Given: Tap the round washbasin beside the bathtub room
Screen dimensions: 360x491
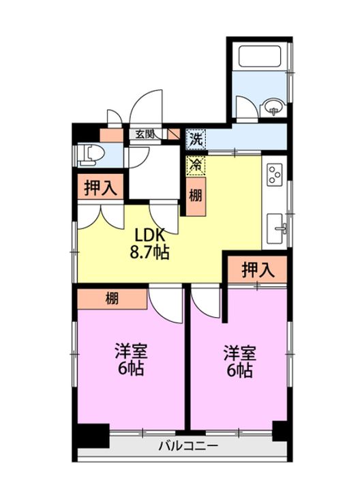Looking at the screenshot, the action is point(274,108).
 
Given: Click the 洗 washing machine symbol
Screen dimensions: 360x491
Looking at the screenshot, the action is point(196,139).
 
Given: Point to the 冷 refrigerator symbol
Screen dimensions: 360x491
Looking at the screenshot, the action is point(196,165).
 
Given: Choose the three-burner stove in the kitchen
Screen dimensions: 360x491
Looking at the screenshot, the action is point(275,174).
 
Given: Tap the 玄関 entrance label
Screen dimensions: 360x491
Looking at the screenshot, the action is point(145,134).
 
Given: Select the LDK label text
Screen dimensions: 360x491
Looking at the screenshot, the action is point(149,235).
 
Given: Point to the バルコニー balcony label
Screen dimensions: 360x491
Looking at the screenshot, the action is point(187,445).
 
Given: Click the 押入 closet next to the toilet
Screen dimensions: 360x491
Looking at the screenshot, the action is point(100,188).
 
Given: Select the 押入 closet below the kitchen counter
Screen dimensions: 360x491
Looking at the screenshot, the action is point(258,269).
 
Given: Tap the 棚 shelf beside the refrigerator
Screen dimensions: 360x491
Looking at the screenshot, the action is point(196,196).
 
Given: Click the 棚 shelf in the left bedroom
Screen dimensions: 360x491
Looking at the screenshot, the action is point(112,299).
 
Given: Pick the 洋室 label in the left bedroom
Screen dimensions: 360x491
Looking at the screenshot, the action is point(131,351).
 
